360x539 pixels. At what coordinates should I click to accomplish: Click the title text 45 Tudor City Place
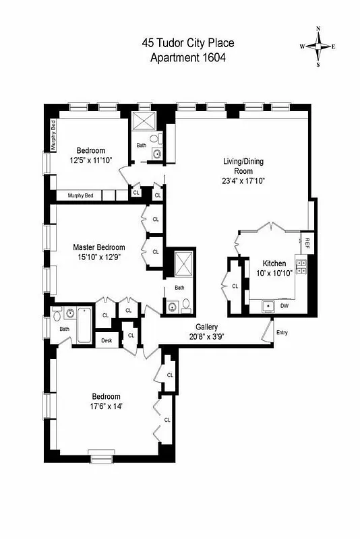coord(188,44)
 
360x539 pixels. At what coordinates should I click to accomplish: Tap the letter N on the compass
coord(318,29)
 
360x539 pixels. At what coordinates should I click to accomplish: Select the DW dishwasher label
coord(284,306)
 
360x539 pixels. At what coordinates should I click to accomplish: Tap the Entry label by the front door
coord(282,333)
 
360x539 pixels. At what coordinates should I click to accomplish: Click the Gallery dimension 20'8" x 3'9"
coord(207,336)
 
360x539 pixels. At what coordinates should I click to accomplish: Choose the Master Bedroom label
coord(99,247)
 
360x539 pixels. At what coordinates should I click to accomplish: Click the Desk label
coord(107,341)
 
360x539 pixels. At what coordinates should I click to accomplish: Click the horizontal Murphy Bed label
coord(80,195)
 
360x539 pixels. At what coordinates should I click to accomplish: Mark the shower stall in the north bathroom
coord(144,123)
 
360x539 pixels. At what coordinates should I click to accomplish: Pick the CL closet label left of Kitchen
coord(235,286)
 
